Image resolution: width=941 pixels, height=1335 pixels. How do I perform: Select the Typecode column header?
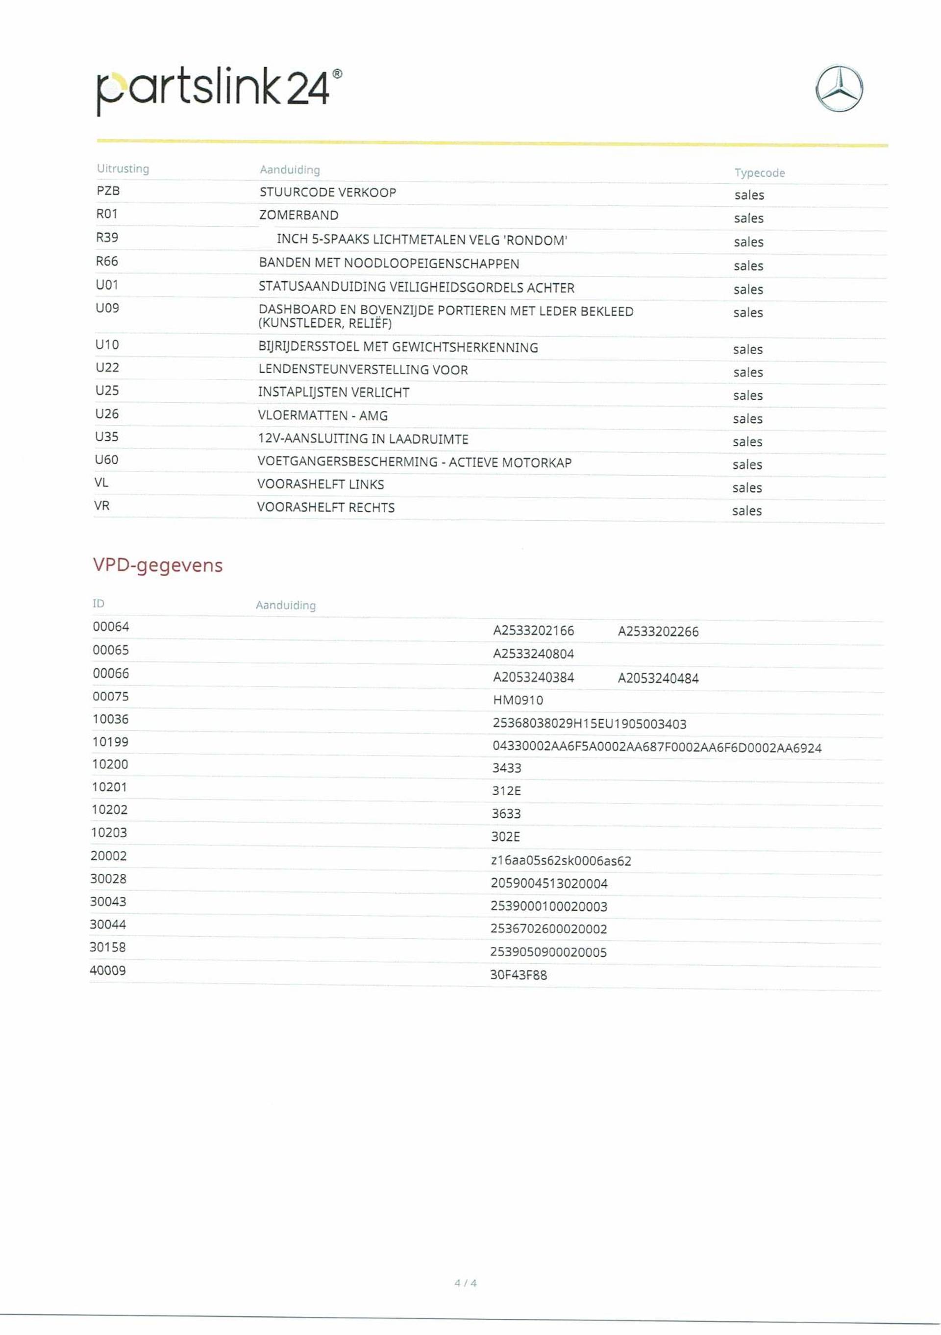point(759,172)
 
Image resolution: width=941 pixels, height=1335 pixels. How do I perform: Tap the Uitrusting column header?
point(123,169)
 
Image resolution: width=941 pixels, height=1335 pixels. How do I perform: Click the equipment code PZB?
point(108,191)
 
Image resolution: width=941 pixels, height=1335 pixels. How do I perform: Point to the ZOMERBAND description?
point(298,215)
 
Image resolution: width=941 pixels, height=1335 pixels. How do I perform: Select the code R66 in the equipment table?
point(107,262)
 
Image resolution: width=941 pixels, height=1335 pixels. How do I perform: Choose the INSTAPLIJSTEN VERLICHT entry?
point(333,392)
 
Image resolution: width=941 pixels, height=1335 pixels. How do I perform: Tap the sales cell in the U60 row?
point(747,464)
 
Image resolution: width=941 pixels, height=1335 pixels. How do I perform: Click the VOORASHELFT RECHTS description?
point(326,508)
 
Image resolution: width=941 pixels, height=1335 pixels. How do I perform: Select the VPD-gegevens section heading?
point(158,565)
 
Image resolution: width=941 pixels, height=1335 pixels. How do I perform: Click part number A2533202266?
point(658,631)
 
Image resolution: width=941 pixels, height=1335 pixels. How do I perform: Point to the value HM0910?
point(518,700)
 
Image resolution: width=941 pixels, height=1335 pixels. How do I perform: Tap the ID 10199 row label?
point(110,742)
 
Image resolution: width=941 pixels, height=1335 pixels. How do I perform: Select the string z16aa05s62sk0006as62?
point(561,861)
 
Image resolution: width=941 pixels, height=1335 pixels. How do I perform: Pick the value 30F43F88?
point(518,975)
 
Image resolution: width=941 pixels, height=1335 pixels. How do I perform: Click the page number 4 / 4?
point(465,1283)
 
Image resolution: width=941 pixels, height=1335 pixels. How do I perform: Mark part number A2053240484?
point(658,678)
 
